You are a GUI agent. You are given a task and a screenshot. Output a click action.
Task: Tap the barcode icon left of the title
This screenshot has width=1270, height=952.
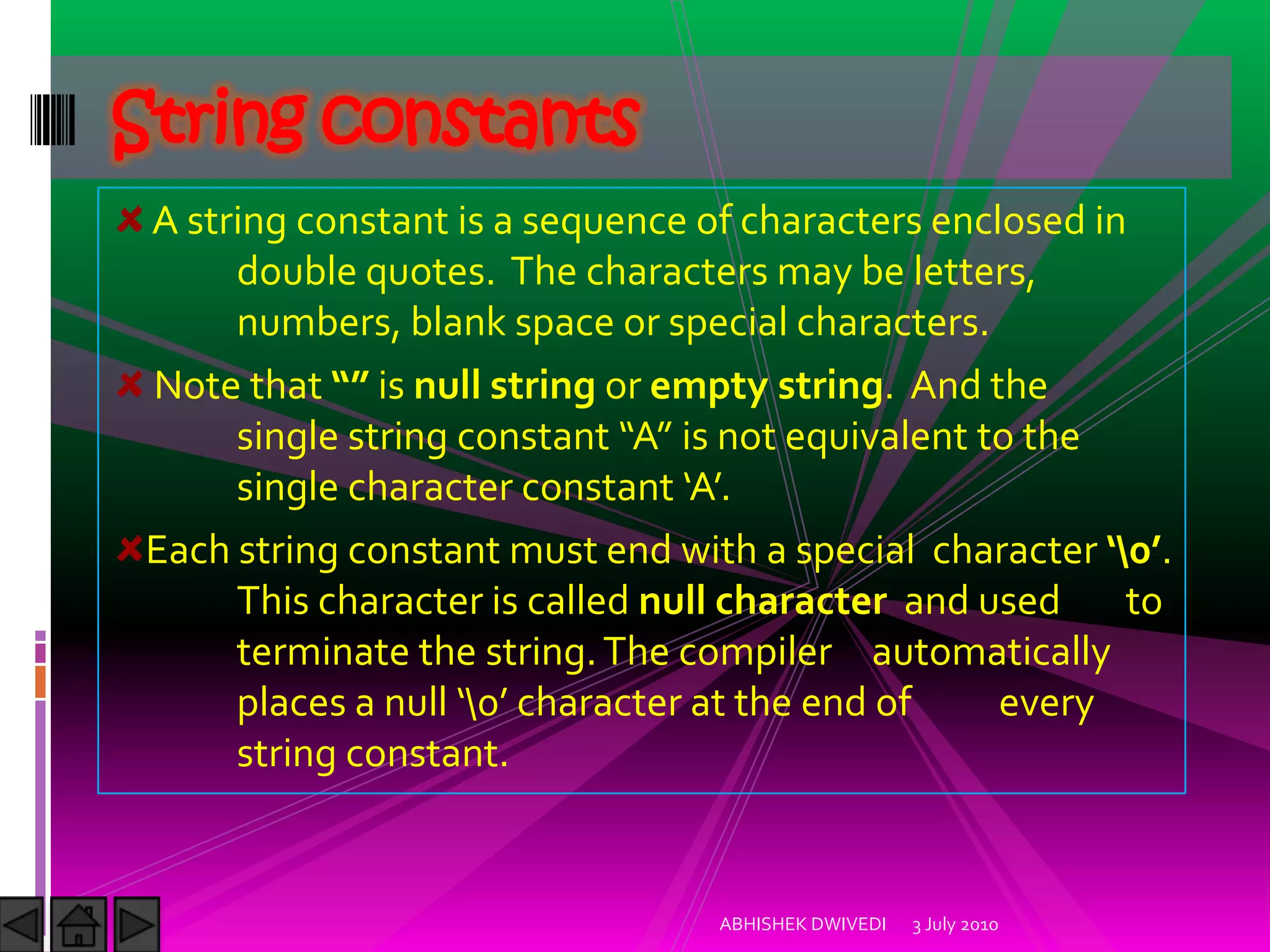click(x=53, y=120)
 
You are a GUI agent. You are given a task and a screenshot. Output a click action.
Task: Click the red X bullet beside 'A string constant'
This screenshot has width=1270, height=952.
click(x=130, y=219)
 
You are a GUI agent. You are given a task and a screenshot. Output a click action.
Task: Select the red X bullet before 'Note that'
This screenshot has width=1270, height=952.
click(x=130, y=384)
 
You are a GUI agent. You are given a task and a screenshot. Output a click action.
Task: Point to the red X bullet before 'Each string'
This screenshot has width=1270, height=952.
click(x=129, y=549)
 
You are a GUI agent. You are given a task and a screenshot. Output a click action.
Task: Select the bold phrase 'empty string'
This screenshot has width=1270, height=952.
click(x=766, y=387)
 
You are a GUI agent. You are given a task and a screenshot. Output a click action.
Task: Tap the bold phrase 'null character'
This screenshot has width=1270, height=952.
click(x=762, y=601)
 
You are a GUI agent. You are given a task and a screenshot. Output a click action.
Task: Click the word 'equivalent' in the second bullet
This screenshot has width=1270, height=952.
click(x=876, y=437)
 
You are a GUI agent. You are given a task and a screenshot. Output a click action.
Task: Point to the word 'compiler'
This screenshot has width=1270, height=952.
click(x=755, y=653)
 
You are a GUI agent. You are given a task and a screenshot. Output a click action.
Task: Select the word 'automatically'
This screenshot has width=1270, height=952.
click(x=990, y=653)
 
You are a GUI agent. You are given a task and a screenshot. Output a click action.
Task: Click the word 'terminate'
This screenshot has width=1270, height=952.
click(x=322, y=652)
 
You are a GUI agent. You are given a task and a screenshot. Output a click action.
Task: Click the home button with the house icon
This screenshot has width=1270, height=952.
click(x=79, y=924)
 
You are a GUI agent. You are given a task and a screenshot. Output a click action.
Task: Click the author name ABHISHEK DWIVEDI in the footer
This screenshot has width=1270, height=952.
click(x=802, y=924)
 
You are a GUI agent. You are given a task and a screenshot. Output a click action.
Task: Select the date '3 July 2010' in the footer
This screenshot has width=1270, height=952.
click(x=955, y=925)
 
